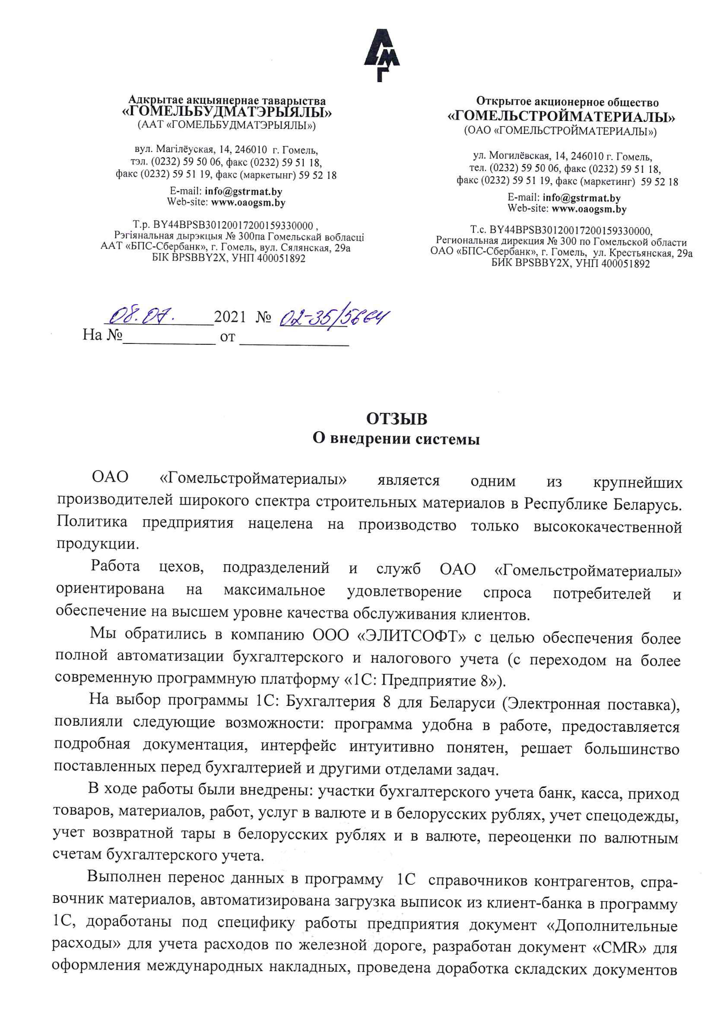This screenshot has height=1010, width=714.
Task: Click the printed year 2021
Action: (229, 317)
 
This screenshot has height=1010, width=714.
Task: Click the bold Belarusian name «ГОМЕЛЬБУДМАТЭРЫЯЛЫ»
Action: (227, 113)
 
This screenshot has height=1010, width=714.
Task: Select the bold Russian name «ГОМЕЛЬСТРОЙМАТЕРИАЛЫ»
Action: (561, 117)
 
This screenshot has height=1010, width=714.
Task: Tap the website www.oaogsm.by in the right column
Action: (589, 209)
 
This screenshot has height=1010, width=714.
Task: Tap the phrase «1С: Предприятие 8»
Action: (421, 681)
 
